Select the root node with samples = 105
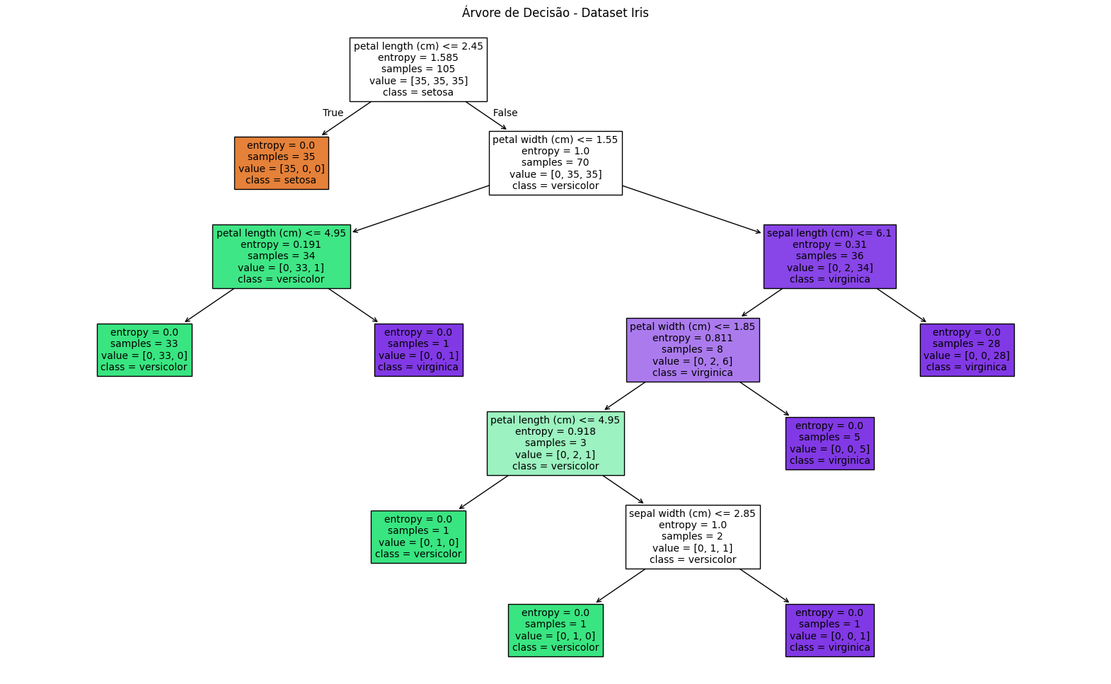[418, 69]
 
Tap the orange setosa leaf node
[281, 164]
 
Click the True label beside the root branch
[333, 113]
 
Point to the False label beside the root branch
[505, 113]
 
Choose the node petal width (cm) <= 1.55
[555, 164]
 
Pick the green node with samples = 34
[281, 256]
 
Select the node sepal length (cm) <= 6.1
[830, 256]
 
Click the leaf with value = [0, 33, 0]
[144, 350]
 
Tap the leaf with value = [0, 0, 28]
[967, 350]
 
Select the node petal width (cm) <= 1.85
[693, 350]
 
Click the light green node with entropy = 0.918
[555, 443]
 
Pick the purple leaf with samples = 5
[830, 443]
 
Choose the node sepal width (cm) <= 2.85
[693, 537]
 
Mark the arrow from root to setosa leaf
[346, 118]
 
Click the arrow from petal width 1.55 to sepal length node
[692, 210]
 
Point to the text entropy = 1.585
[418, 57]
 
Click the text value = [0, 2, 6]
[692, 361]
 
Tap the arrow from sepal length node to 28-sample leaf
[902, 305]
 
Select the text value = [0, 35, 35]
[555, 174]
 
